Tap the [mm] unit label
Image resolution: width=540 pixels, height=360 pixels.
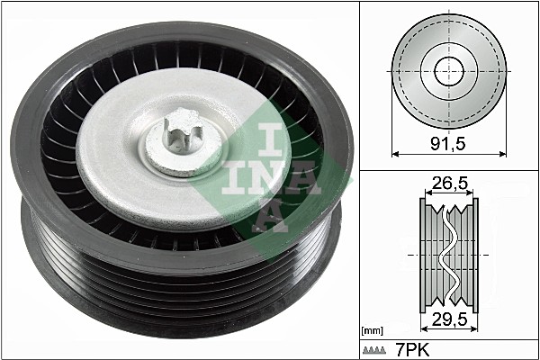coord(372,331)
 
